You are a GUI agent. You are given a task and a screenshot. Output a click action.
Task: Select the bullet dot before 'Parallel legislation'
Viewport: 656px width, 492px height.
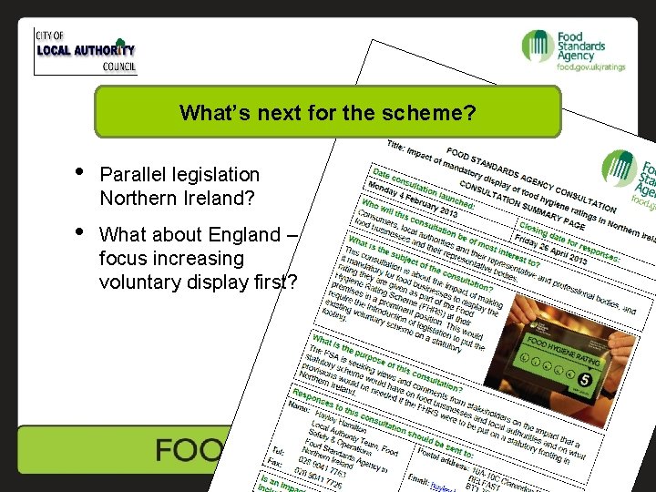click(80, 171)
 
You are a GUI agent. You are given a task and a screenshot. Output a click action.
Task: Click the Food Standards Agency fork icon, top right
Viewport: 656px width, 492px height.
click(536, 46)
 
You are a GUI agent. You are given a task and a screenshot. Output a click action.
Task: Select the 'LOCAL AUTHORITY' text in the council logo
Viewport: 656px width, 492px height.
click(85, 50)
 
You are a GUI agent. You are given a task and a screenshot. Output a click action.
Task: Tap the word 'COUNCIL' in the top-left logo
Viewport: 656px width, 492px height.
click(119, 67)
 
